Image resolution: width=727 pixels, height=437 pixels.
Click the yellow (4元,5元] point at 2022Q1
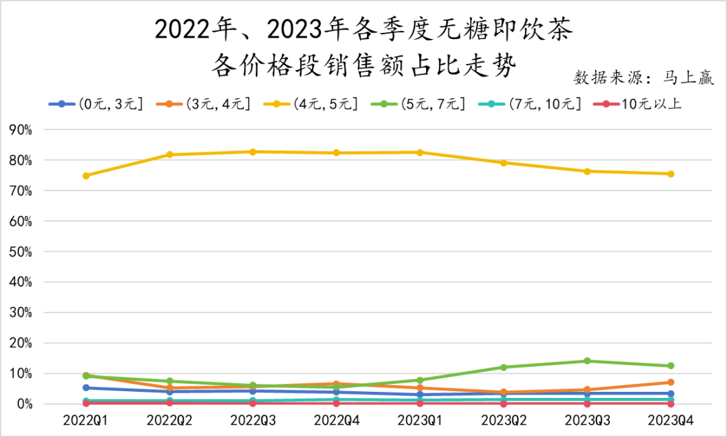coord(86,176)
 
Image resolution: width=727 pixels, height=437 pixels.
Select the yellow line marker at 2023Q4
coord(670,174)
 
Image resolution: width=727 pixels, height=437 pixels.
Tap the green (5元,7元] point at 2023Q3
coord(587,361)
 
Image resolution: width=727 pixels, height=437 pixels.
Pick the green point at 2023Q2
coord(504,367)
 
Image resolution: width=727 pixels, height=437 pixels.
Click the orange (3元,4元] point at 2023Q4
coord(670,382)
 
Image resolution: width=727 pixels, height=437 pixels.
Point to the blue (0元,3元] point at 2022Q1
coord(86,388)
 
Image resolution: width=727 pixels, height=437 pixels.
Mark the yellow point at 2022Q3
coord(253,152)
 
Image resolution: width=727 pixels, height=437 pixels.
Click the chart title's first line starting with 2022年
coord(364,30)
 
